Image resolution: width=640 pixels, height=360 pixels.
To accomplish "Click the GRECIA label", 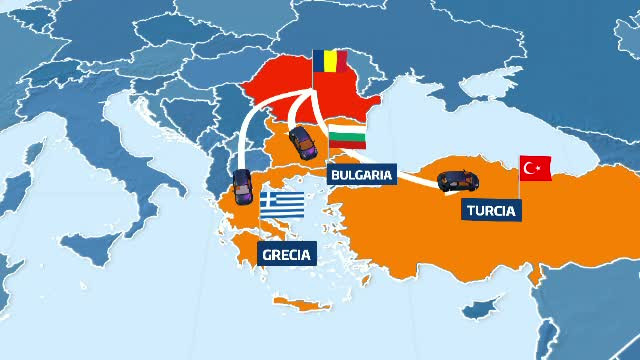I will click(x=286, y=254).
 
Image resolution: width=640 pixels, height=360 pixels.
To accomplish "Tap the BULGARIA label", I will click(x=360, y=174).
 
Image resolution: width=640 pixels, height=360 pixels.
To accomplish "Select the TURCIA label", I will click(x=490, y=211).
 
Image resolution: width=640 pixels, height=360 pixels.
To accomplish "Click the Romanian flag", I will click(x=329, y=62).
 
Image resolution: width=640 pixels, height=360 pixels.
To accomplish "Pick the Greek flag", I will click(x=283, y=205).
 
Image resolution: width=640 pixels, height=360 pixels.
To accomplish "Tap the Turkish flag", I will click(x=535, y=168).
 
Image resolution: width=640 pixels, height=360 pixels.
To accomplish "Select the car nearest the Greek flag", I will click(x=242, y=186).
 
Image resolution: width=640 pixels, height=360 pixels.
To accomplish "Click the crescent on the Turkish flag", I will click(x=532, y=168).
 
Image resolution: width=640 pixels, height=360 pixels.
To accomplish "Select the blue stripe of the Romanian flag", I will click(x=319, y=62).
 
